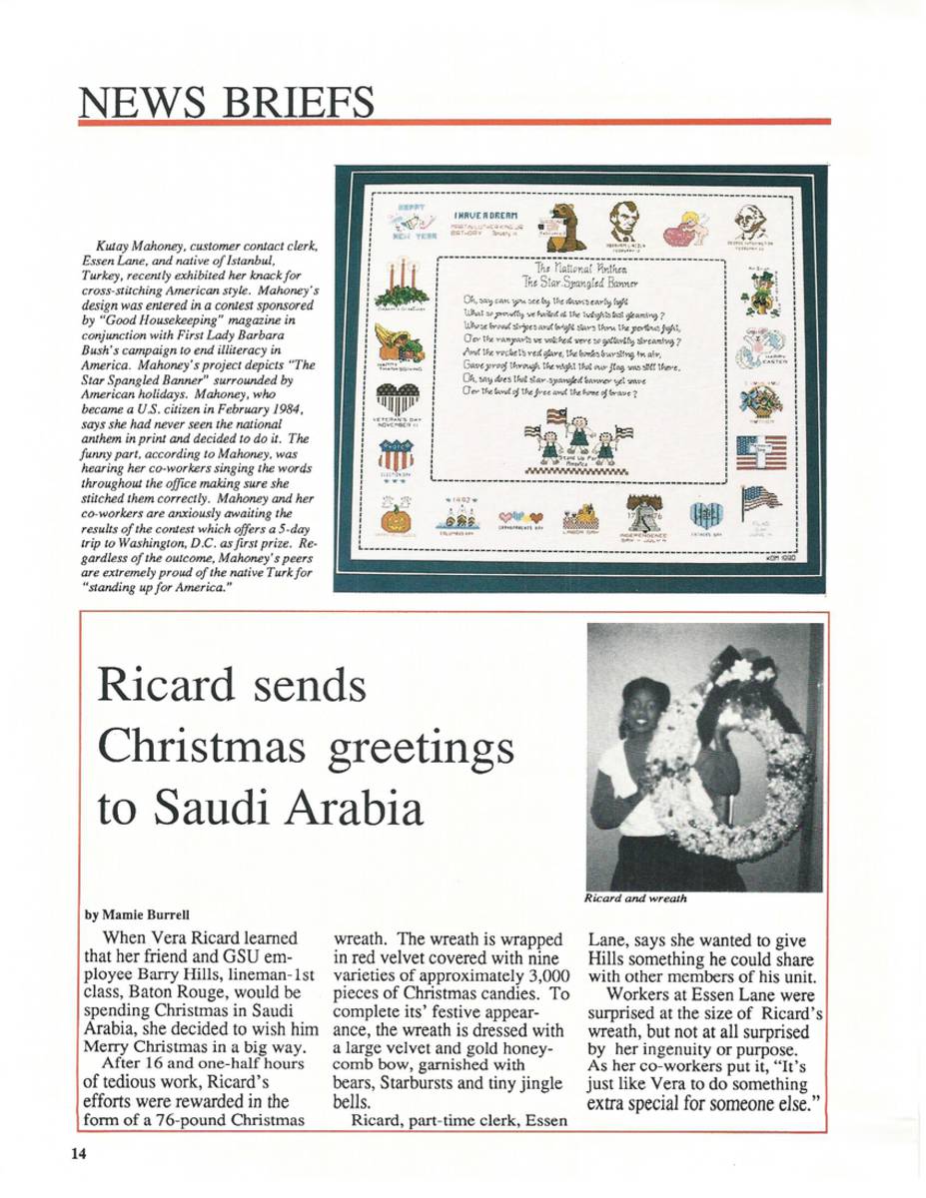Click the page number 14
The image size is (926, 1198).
(x=80, y=1155)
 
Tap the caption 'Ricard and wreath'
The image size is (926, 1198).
(x=636, y=898)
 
